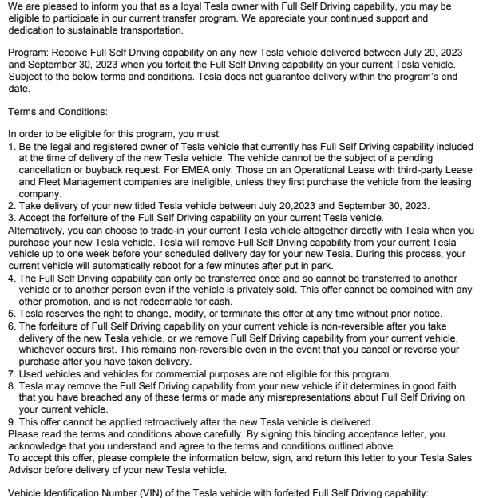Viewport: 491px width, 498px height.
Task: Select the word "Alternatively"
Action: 30,229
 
